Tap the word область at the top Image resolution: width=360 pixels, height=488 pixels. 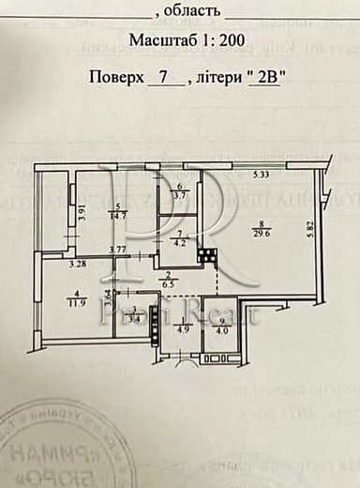tap(192, 11)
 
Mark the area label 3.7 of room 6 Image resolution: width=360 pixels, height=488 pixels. tap(182, 195)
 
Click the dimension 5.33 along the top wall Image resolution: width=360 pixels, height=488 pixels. tap(262, 175)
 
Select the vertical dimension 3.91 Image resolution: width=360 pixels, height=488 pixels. tap(82, 212)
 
